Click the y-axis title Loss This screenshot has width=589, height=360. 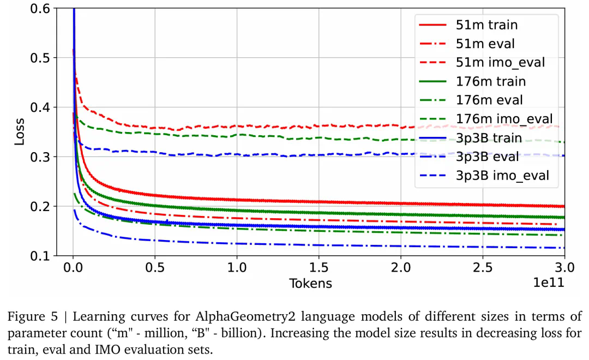pos(20,132)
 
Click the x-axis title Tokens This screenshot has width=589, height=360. pos(310,283)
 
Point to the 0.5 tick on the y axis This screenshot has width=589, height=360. pos(41,58)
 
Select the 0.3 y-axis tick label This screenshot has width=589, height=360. pos(41,157)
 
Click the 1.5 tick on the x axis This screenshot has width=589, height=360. pos(318,268)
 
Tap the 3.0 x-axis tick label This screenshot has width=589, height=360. pos(564,268)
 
